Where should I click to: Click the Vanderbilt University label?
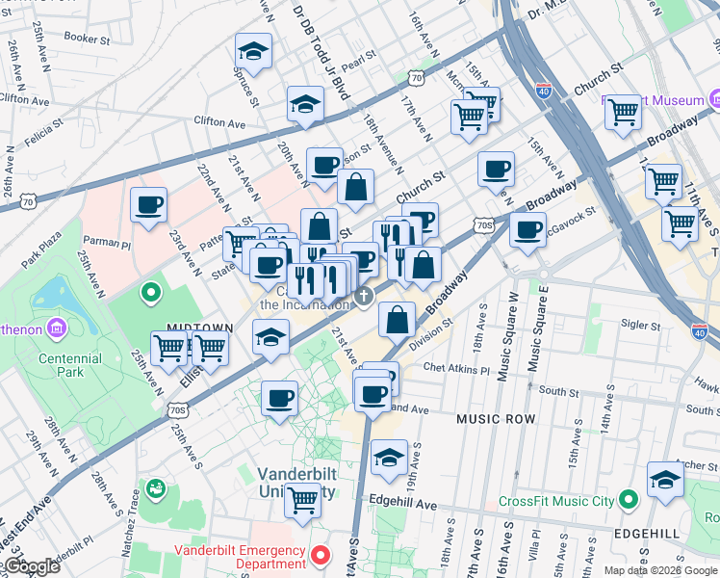(x=297, y=483)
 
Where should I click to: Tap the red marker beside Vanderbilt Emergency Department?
(x=322, y=556)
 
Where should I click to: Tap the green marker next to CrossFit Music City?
(x=629, y=500)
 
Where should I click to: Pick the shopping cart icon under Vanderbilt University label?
(x=302, y=500)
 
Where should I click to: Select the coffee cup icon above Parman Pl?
(x=149, y=205)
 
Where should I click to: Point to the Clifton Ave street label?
(x=220, y=122)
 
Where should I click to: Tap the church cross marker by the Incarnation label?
(x=364, y=297)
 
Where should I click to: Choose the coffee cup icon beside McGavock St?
(x=527, y=230)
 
